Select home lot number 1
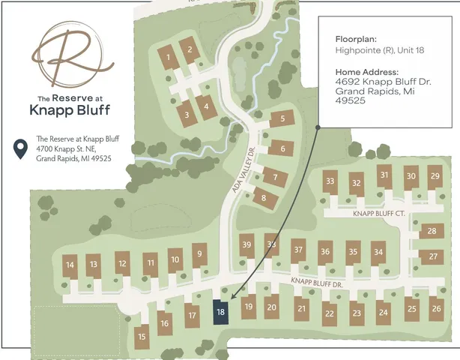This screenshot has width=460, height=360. coord(169,58)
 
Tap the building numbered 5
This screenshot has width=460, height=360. coord(282,118)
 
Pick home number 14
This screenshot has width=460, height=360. coord(70,265)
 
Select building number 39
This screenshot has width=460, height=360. coord(246,245)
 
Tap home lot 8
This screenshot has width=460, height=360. coord(263,199)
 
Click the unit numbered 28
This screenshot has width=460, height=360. coord(432,232)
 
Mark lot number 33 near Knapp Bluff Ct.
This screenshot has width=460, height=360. coord(330,181)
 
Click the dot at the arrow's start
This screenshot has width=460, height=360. coord(318,127)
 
